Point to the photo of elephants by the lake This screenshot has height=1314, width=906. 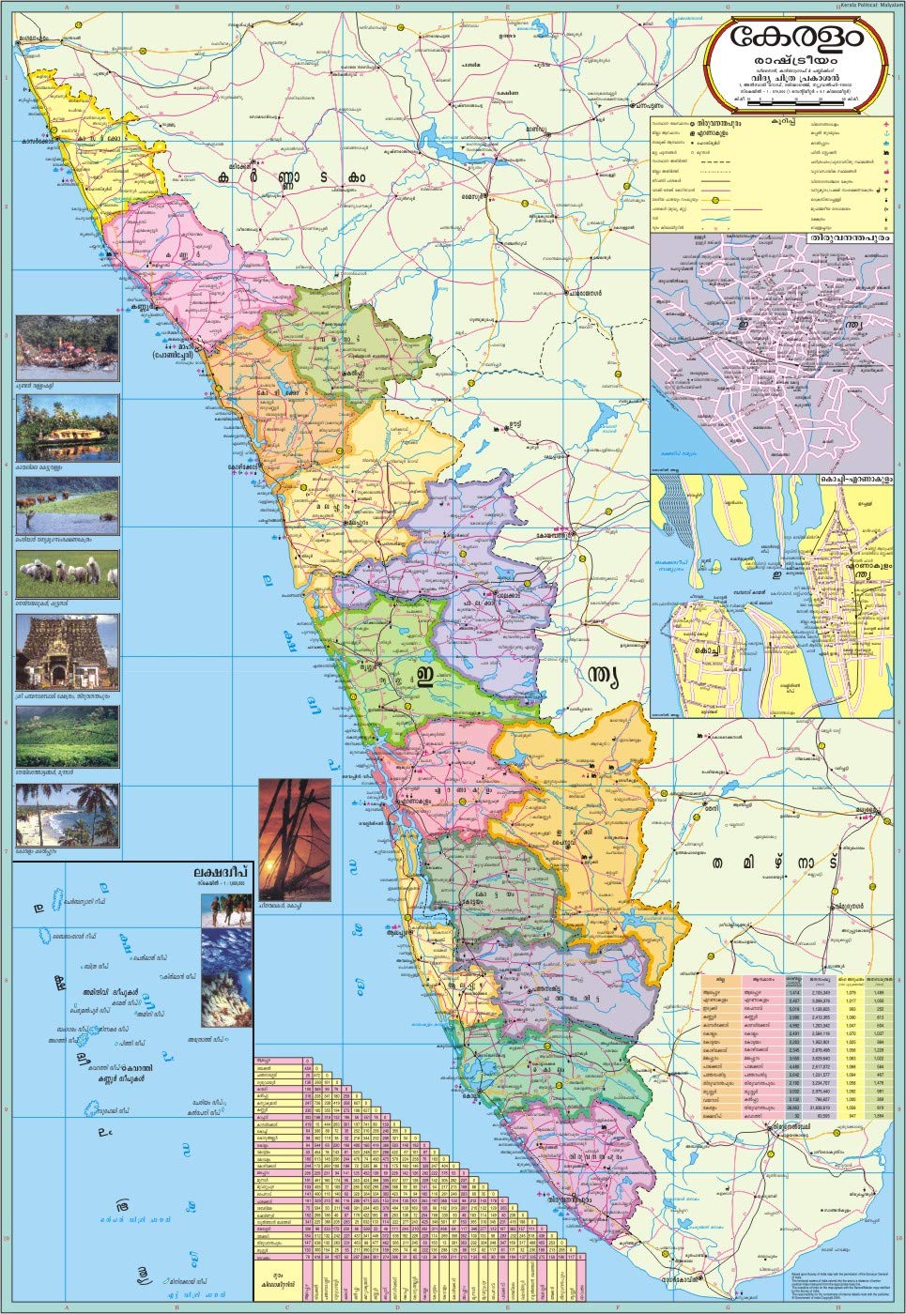coord(68,505)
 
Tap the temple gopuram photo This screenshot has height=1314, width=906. coord(68,651)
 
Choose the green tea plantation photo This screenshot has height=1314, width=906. coord(68,735)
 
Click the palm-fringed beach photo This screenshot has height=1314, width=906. coord(68,815)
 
